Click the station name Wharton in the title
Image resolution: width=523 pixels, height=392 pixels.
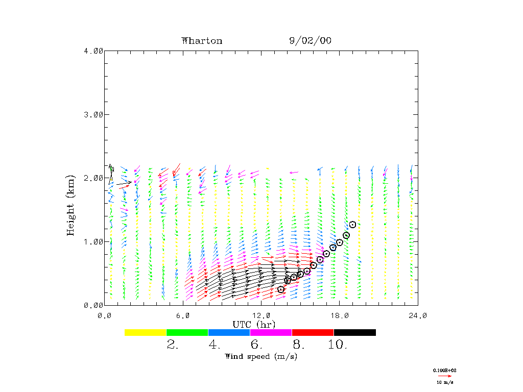click(x=202, y=41)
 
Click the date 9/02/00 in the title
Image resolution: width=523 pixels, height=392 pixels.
click(x=310, y=41)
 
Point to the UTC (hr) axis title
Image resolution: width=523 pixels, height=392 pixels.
click(x=254, y=325)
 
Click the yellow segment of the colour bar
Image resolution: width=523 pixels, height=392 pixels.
click(x=145, y=332)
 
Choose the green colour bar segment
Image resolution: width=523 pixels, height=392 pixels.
click(x=187, y=332)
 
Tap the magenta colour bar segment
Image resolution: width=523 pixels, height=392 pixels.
click(x=271, y=332)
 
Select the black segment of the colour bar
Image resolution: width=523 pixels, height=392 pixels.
click(x=354, y=332)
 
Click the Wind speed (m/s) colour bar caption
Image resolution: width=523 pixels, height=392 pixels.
click(x=261, y=356)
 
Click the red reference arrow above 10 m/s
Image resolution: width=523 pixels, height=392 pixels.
click(x=445, y=376)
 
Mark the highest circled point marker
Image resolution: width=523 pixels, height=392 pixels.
click(x=352, y=225)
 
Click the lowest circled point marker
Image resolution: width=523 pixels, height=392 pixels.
click(x=281, y=289)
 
